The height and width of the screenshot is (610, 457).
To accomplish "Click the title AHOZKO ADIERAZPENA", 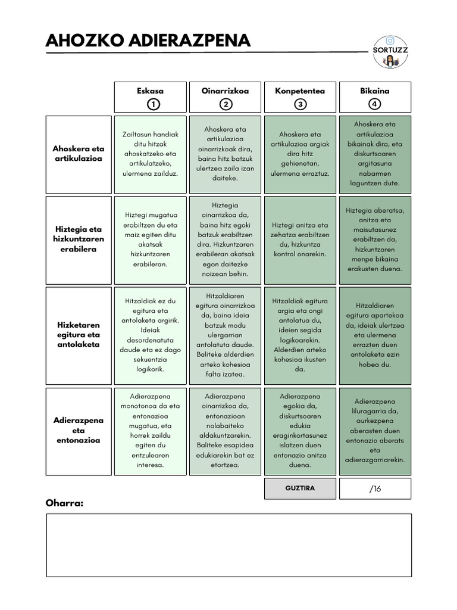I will pos(148,41).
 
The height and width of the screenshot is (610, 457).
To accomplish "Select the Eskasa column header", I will pos(150,91).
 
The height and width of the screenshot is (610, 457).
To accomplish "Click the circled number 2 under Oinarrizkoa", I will pos(226,105).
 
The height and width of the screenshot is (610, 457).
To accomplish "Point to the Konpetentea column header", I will pos(300,91).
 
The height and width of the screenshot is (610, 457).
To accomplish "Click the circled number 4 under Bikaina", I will pos(375,105).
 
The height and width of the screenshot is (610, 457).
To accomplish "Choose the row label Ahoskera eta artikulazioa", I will pos(78,154).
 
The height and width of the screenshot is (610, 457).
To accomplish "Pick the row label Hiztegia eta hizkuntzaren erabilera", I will pos(78,239).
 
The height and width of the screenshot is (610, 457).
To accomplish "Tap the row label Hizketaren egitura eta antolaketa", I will pos(78,335).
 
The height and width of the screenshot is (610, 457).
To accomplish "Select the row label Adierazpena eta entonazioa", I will pos(78,430).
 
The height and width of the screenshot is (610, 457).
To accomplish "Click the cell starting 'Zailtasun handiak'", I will pos(150,154).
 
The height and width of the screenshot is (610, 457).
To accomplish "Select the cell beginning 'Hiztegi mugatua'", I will pos(150,239).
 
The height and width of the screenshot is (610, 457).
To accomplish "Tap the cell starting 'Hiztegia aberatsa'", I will pos(375,239).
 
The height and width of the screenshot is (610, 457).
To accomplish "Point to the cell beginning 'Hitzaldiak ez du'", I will pos(150,335).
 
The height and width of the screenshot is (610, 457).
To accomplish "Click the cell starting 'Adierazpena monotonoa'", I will pos(150,430).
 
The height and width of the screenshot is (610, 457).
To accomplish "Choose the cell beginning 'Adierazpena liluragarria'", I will pos(375,430).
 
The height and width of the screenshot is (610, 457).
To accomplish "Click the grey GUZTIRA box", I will pos(300,488).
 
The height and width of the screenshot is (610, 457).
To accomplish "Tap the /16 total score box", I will pos(375,488).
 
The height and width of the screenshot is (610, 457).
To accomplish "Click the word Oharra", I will pos(65,504).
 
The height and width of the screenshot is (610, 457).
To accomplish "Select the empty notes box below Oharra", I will pos(228,545).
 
